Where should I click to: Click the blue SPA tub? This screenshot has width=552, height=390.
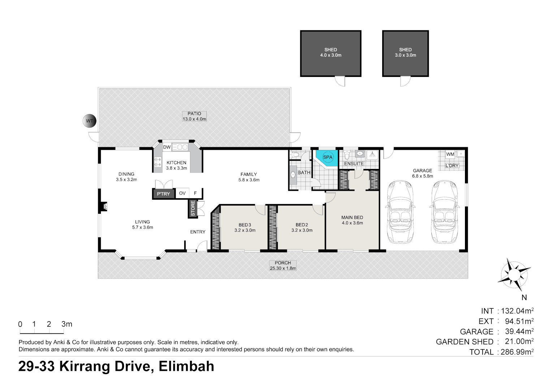point(327,157)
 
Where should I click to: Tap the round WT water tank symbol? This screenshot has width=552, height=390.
point(90,121)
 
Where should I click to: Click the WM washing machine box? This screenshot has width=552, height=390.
point(450,154)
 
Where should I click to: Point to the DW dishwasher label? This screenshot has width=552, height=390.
point(167,147)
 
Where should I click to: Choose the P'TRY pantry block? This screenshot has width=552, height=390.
point(163,194)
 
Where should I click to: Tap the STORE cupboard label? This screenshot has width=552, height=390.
point(193,209)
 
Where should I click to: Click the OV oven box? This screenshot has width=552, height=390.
point(182,193)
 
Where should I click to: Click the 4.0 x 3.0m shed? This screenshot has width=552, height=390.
point(331,53)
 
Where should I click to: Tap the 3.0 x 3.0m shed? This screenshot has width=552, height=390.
point(405,53)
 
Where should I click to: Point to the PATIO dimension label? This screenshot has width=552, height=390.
point(194,116)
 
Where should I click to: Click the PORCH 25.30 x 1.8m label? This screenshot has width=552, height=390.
point(283,265)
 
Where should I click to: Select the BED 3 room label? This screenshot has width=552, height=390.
point(245,227)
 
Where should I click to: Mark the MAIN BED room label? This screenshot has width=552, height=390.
point(352,220)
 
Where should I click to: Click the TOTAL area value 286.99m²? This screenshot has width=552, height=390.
point(517,352)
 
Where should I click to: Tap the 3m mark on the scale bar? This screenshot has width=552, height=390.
point(66,324)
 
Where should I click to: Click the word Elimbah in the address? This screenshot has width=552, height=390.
point(186,367)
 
